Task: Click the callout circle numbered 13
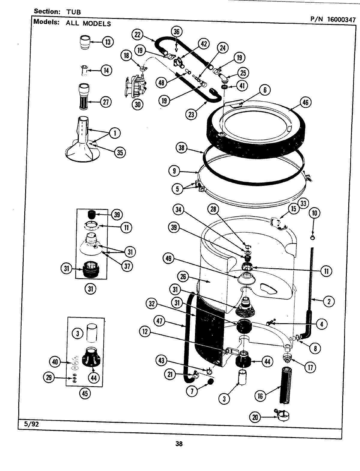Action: [x=107, y=42]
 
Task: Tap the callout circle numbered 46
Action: [x=305, y=103]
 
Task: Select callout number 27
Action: [x=106, y=102]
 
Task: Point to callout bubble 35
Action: [x=120, y=153]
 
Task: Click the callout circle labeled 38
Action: [x=182, y=148]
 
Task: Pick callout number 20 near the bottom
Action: [x=255, y=418]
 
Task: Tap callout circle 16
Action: [x=260, y=396]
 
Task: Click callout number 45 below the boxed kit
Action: [x=85, y=393]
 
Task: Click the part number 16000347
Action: [x=341, y=20]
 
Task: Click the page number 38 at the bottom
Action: [x=179, y=444]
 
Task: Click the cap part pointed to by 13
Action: [x=85, y=42]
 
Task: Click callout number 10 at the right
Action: [x=314, y=213]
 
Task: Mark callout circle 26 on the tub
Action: [x=183, y=277]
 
